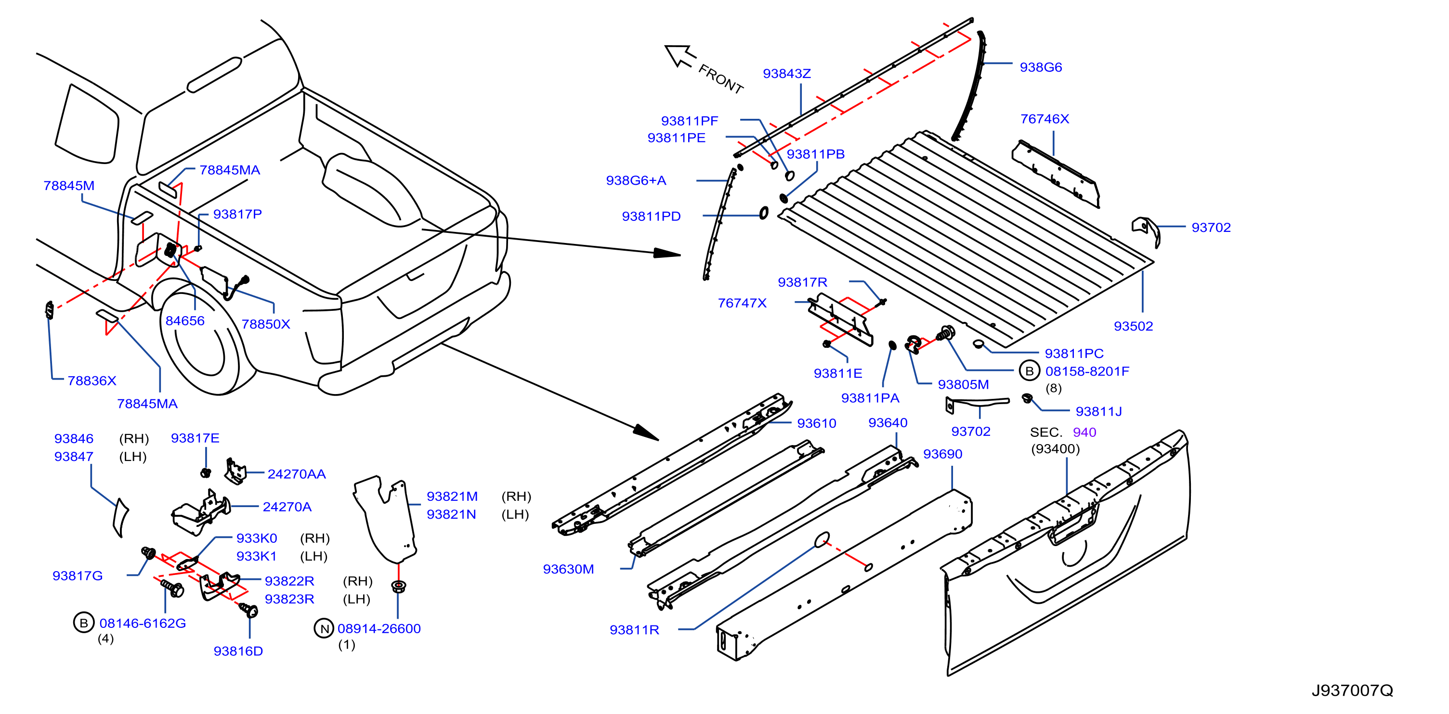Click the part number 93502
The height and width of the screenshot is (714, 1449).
pyautogui.click(x=1133, y=326)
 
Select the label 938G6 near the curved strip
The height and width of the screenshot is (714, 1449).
pyautogui.click(x=1041, y=67)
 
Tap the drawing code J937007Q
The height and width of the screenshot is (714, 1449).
pyautogui.click(x=1352, y=690)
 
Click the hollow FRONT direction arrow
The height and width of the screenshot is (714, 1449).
pyautogui.click(x=680, y=56)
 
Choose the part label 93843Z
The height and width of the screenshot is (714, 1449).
pyautogui.click(x=786, y=74)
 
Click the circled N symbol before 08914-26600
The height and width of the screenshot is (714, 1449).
pyautogui.click(x=324, y=628)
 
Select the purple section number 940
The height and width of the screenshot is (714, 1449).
pyautogui.click(x=1084, y=433)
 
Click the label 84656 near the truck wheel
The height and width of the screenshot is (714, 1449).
pyautogui.click(x=184, y=321)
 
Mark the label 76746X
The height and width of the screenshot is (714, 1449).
pyautogui.click(x=1044, y=119)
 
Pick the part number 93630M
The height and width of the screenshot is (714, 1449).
pyautogui.click(x=568, y=570)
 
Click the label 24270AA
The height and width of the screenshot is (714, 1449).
pyautogui.click(x=297, y=474)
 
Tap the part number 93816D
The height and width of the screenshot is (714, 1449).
pyautogui.click(x=238, y=651)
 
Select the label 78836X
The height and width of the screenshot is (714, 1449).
pyautogui.click(x=91, y=381)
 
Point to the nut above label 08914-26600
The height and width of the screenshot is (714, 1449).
pyautogui.click(x=398, y=586)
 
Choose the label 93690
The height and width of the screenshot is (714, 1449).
pyautogui.click(x=943, y=454)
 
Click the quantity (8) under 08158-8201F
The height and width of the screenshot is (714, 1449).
pyautogui.click(x=1054, y=388)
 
